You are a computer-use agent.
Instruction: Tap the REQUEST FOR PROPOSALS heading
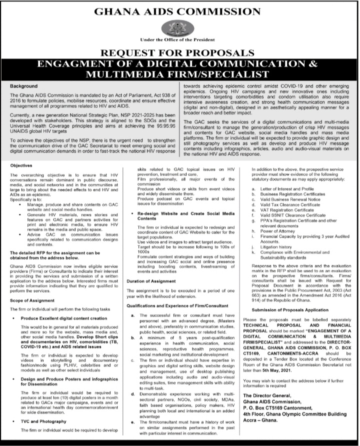179,52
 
